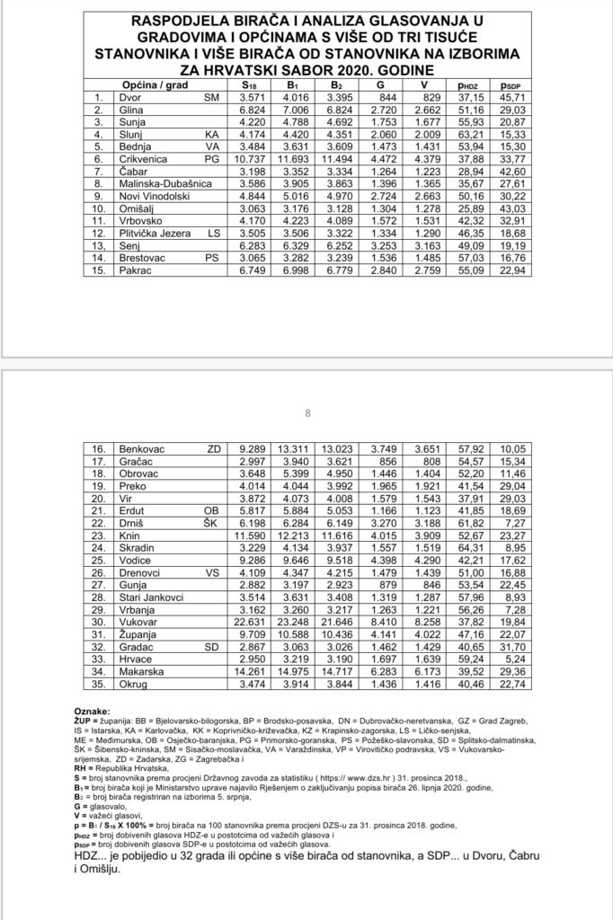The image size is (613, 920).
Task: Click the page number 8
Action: [307, 413]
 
